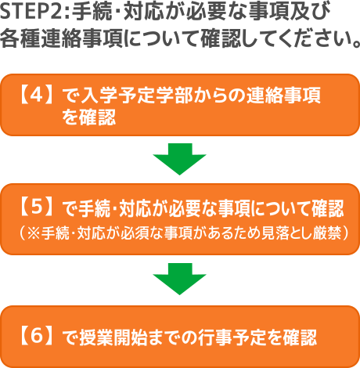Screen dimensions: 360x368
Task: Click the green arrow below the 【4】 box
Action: point(179,159)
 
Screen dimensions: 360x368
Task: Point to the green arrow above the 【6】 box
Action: point(179,279)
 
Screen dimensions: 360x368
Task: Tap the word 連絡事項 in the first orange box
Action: point(283,96)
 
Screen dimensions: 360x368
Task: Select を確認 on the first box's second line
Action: point(88,117)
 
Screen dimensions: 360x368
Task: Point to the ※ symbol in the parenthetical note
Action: point(34,233)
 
